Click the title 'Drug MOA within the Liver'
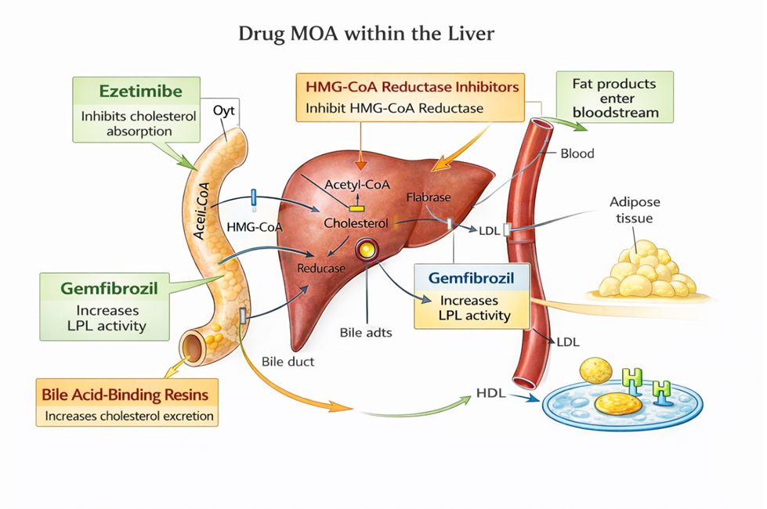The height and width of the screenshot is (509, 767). pyautogui.click(x=366, y=34)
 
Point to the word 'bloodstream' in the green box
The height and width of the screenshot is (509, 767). pyautogui.click(x=615, y=112)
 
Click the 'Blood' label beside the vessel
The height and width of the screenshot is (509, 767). pyautogui.click(x=577, y=153)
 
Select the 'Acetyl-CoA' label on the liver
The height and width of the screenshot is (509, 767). pyautogui.click(x=357, y=184)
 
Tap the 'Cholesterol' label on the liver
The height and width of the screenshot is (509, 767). pyautogui.click(x=356, y=223)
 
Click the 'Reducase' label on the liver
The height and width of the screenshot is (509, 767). pyautogui.click(x=321, y=268)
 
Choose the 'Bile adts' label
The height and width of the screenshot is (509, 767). pyautogui.click(x=366, y=332)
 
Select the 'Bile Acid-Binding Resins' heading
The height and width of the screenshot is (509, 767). pyautogui.click(x=126, y=392)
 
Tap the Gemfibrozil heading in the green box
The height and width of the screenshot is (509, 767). pyautogui.click(x=109, y=288)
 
